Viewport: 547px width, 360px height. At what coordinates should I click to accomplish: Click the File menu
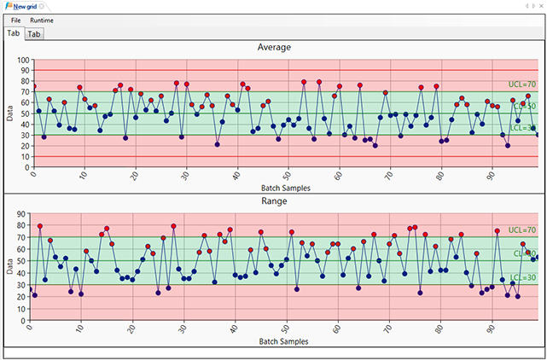pyautogui.click(x=16, y=20)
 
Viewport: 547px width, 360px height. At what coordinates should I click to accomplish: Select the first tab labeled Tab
pyautogui.click(x=13, y=33)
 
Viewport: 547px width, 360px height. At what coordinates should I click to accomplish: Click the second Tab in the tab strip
pyautogui.click(x=34, y=34)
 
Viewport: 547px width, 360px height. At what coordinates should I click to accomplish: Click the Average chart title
pyautogui.click(x=274, y=48)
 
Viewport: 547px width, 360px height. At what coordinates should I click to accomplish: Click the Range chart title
pyautogui.click(x=274, y=201)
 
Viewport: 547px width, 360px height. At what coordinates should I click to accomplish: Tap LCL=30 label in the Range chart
pyautogui.click(x=522, y=278)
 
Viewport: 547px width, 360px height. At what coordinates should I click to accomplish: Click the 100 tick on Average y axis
pyautogui.click(x=21, y=61)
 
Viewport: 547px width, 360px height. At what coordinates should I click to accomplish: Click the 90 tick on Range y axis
pyautogui.click(x=23, y=215)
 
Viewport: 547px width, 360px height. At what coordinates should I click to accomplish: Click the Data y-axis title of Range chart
pyautogui.click(x=9, y=268)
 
